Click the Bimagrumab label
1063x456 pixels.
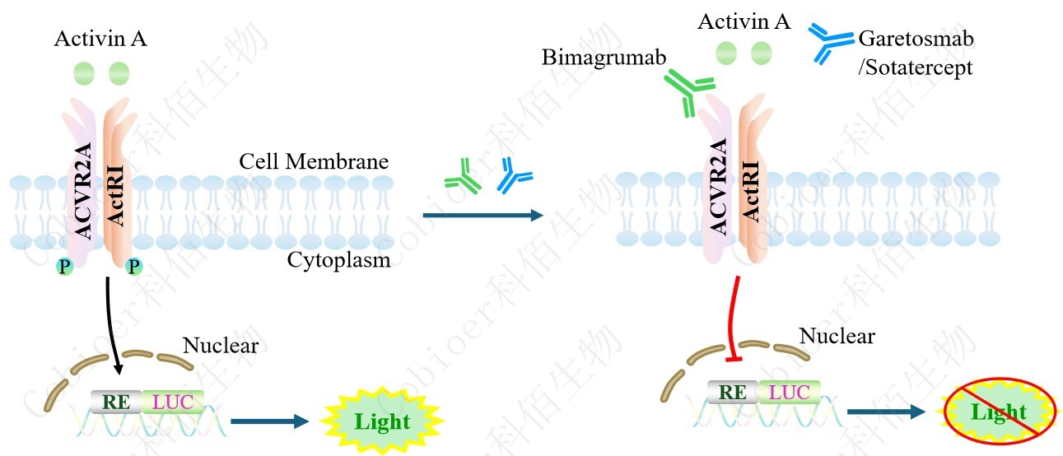604,58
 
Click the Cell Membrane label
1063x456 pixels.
314,161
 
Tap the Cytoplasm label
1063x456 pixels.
338,260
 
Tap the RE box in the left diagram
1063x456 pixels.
116,402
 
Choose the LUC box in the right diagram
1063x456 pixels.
788,393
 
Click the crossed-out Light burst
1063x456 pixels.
997,412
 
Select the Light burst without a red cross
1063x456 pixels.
382,421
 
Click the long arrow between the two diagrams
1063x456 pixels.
483,216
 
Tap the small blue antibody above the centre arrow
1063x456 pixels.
515,176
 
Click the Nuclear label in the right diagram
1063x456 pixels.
837,336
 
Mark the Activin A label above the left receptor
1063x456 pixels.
100,39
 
